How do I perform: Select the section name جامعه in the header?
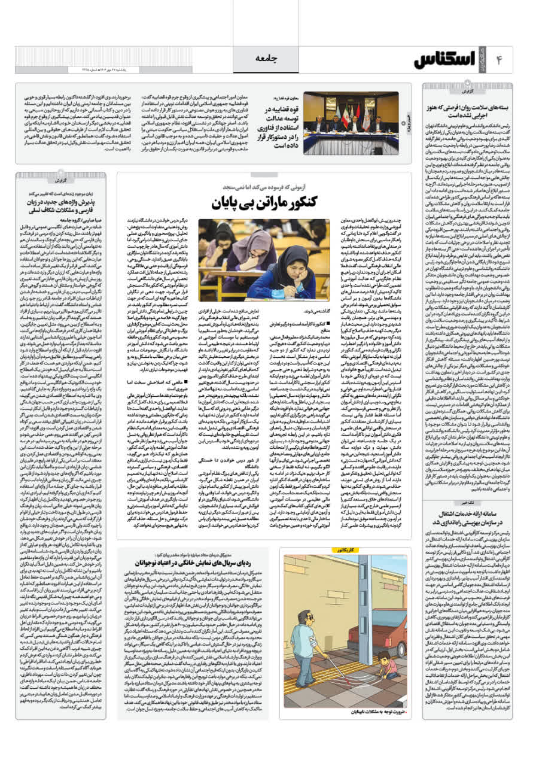coord(267,58)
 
